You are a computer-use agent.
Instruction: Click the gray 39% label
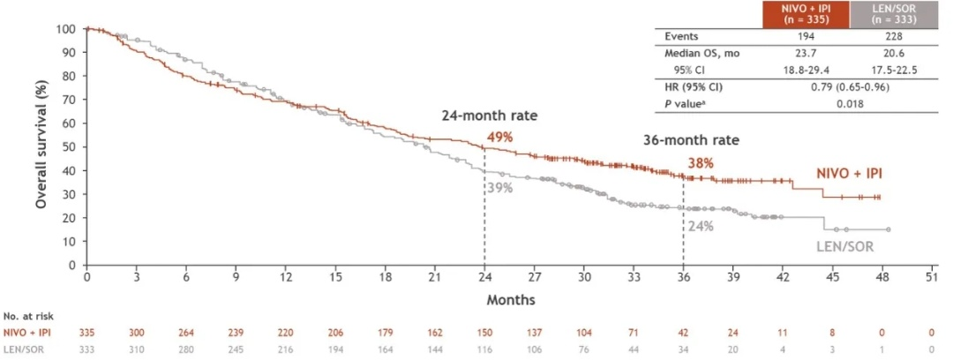pyautogui.click(x=499, y=187)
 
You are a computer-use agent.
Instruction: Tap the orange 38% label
pyautogui.click(x=700, y=162)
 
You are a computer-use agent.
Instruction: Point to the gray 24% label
pyautogui.click(x=701, y=225)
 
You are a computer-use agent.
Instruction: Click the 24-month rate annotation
pyautogui.click(x=490, y=116)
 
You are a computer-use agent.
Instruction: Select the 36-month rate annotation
pyautogui.click(x=690, y=140)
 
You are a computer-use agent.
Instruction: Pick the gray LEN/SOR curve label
pyautogui.click(x=844, y=246)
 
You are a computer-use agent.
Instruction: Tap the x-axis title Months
pyautogui.click(x=511, y=300)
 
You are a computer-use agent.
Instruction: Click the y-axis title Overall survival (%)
pyautogui.click(x=41, y=146)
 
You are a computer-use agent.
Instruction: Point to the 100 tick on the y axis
pyautogui.click(x=67, y=28)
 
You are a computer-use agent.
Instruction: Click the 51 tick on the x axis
pyautogui.click(x=932, y=277)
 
